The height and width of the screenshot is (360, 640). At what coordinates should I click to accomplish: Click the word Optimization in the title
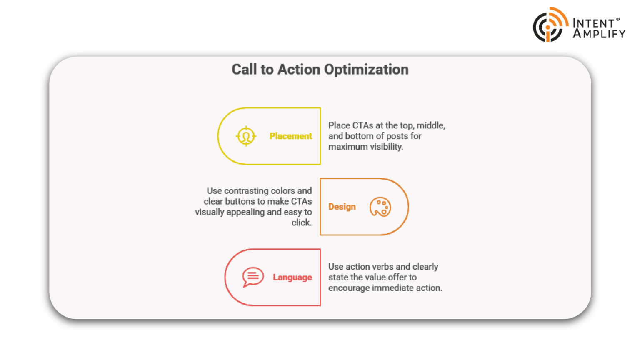366,70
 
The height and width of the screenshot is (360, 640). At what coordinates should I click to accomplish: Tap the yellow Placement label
290,136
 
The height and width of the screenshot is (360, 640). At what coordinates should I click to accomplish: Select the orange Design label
342,207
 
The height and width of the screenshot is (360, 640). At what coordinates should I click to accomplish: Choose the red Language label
292,277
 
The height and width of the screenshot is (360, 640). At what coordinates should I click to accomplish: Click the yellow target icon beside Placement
246,136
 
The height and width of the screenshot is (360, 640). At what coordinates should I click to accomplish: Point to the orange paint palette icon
380,207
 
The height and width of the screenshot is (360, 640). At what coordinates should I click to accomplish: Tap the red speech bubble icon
253,277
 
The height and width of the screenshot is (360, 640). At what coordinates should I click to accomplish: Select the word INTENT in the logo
593,23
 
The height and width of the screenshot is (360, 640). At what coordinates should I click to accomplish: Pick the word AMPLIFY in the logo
599,34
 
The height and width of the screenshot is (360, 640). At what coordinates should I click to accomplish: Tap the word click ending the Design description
301,222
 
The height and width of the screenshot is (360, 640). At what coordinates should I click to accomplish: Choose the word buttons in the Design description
240,201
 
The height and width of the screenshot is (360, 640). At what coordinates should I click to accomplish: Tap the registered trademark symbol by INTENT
618,19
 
